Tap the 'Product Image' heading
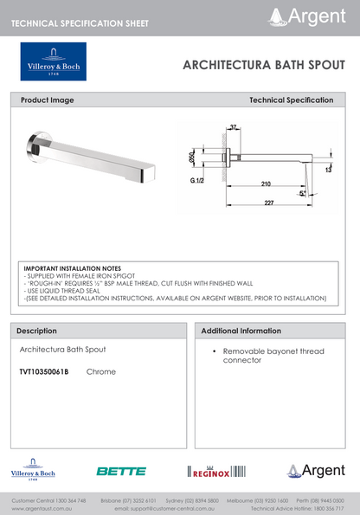48,100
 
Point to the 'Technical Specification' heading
291,100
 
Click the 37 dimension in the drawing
233,128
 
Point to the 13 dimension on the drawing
329,171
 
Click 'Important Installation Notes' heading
73,269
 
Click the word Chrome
100,371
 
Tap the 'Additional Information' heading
241,331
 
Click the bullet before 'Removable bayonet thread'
213,351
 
